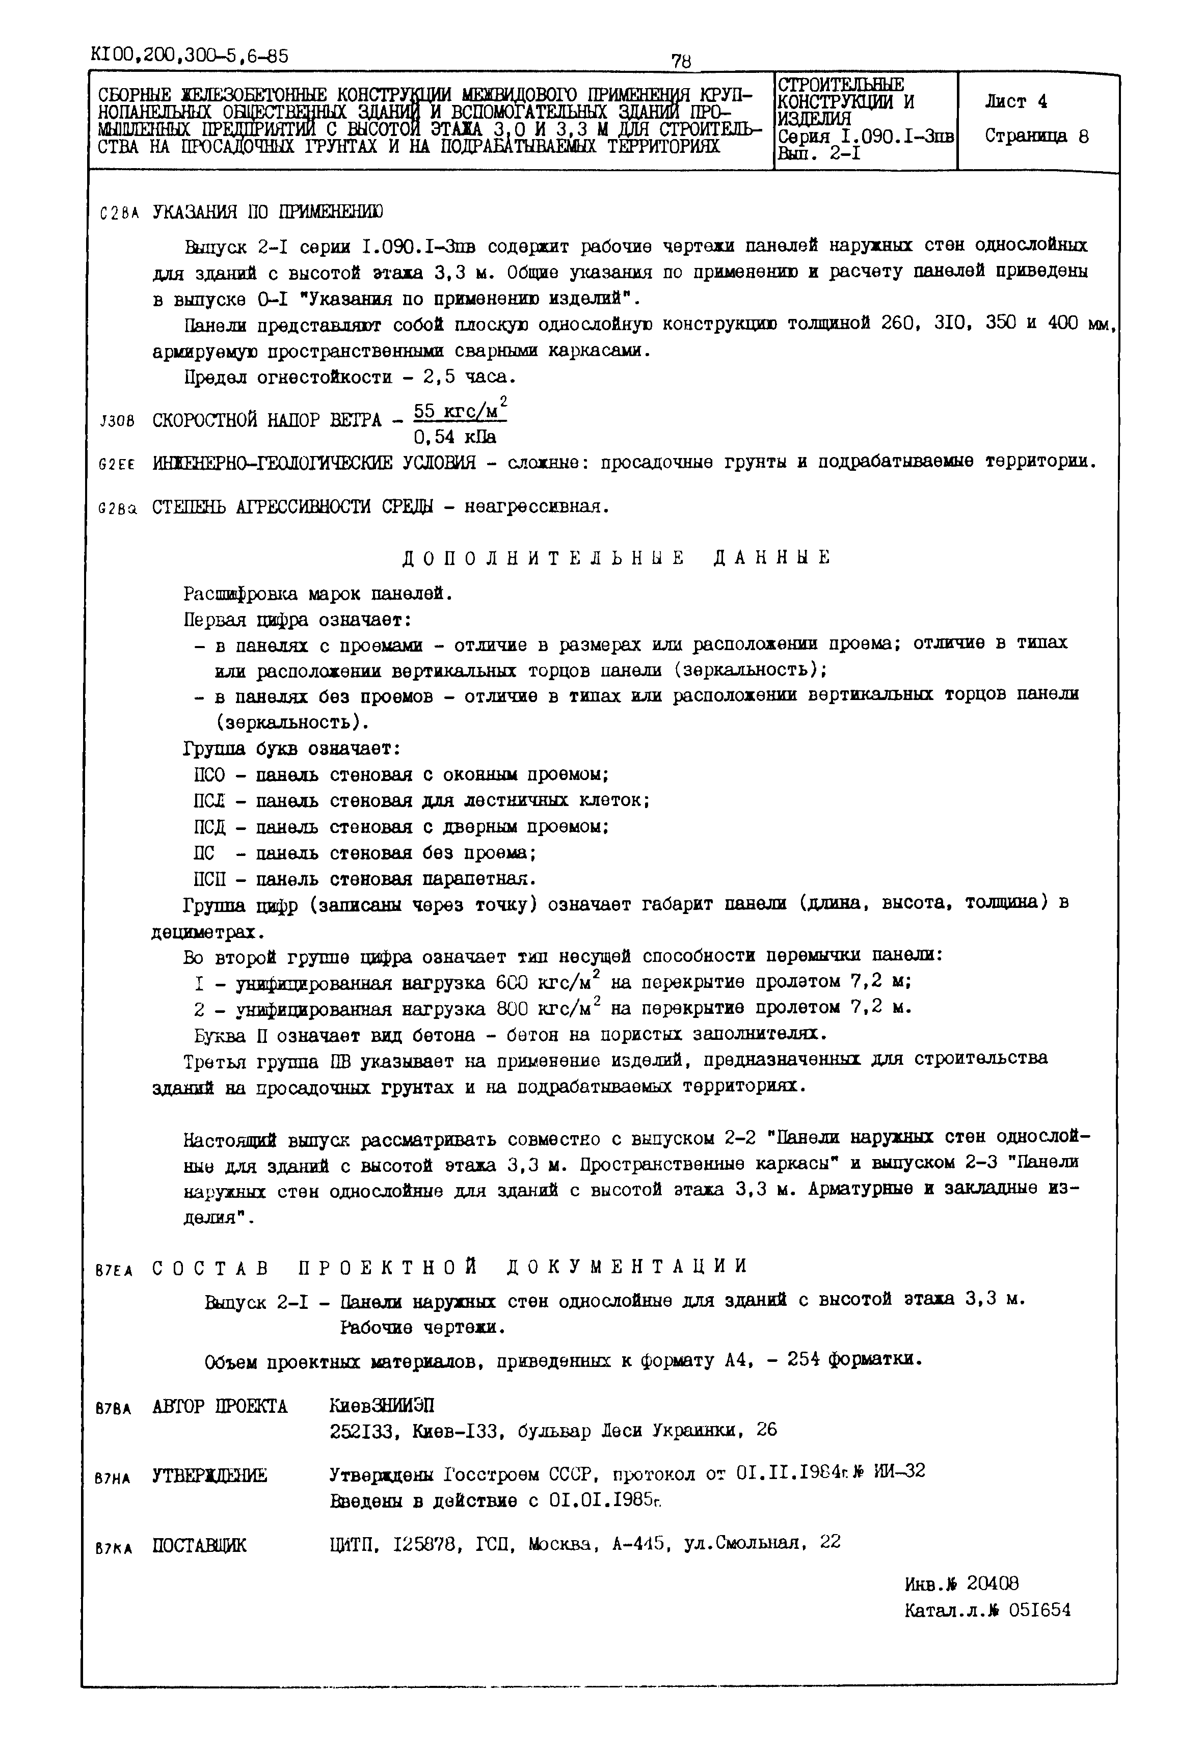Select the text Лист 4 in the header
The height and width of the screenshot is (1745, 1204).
(x=1015, y=101)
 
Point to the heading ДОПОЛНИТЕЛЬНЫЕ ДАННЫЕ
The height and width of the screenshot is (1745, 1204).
(x=615, y=557)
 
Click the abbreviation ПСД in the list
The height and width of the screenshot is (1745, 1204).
(x=209, y=827)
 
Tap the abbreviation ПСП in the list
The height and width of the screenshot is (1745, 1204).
(x=209, y=879)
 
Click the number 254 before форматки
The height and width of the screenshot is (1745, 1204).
(x=804, y=1360)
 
